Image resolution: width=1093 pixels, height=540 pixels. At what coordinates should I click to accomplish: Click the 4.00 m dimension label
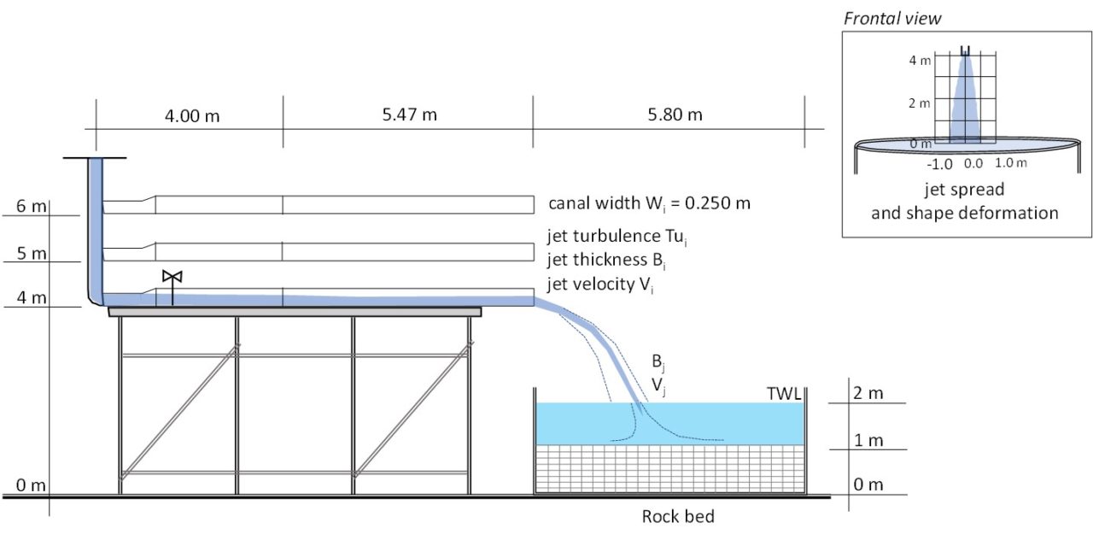191,115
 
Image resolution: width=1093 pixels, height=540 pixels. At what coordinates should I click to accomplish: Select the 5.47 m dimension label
410,114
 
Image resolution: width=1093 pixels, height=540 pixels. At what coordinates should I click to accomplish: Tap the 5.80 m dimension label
675,114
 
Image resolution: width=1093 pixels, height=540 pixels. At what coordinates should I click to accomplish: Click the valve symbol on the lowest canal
172,277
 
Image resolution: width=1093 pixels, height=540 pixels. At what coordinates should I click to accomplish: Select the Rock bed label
678,516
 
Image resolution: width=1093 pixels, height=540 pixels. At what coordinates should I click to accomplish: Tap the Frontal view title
892,18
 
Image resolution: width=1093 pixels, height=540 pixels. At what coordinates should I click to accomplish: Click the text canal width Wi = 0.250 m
649,205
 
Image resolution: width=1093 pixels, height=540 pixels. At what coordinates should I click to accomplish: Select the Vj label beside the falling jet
658,386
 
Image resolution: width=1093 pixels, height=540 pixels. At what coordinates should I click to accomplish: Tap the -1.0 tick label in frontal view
939,163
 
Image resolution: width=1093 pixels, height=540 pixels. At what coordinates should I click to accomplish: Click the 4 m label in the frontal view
918,61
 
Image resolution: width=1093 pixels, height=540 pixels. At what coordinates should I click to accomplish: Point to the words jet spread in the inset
964,189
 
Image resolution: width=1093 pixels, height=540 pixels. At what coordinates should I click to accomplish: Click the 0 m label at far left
31,486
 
